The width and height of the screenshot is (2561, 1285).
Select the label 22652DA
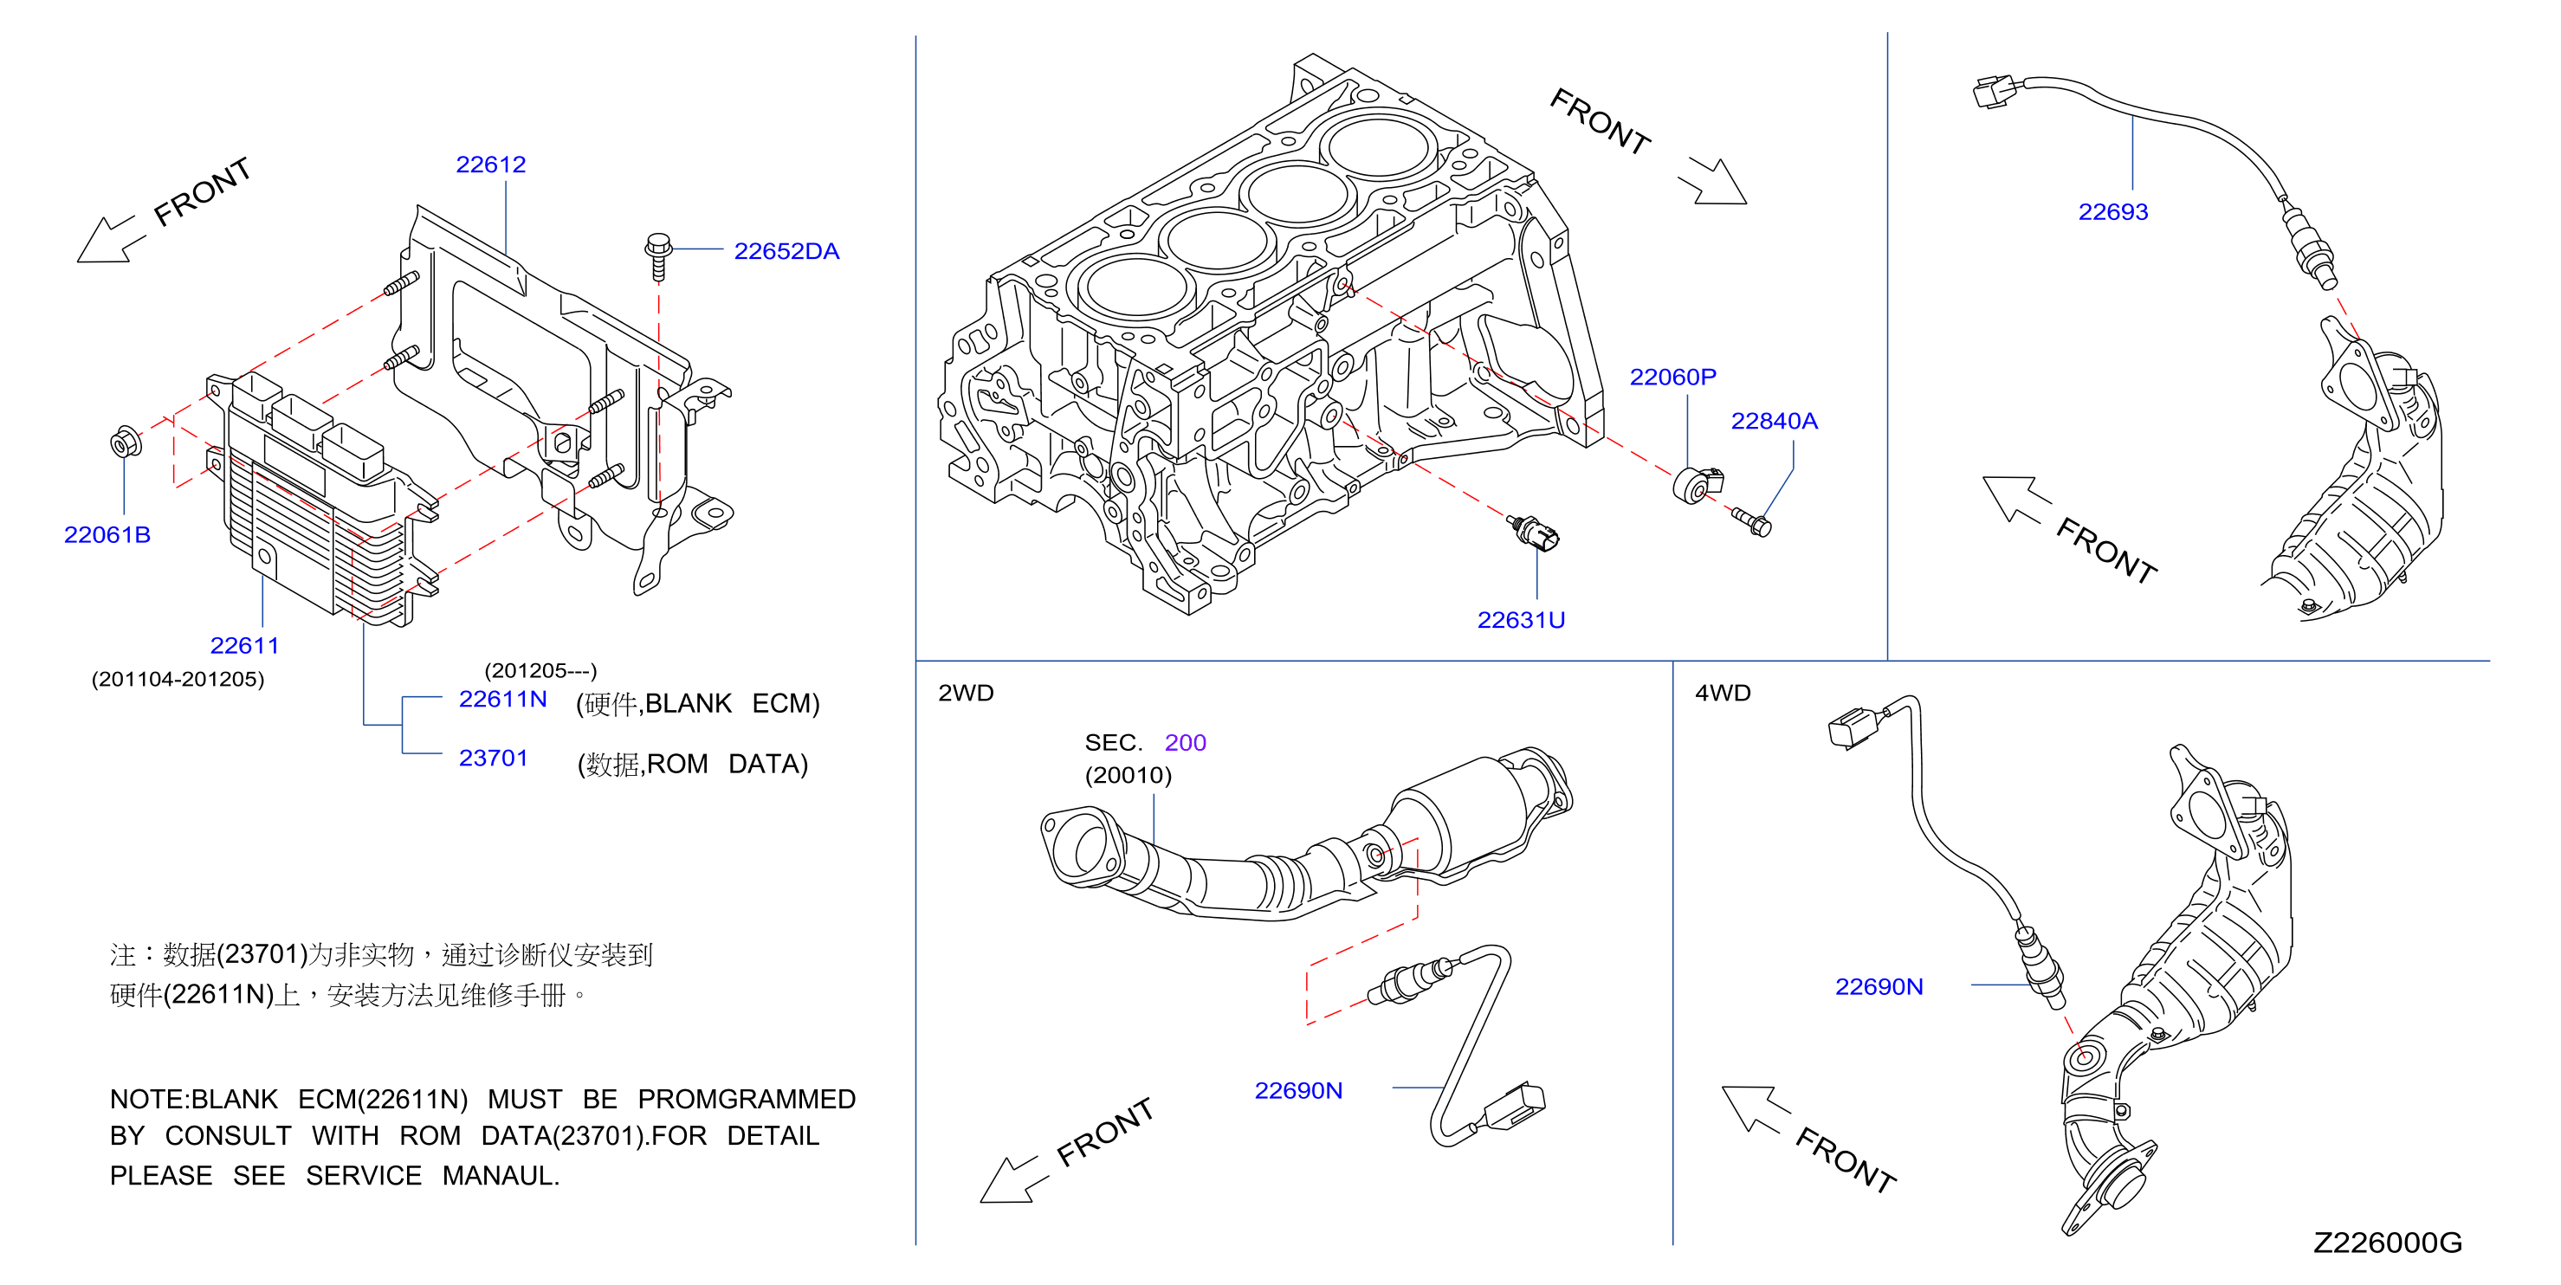click(x=786, y=251)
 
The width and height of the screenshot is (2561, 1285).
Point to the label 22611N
click(x=503, y=699)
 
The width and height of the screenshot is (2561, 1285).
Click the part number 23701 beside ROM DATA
click(x=493, y=759)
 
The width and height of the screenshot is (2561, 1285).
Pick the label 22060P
click(x=1672, y=377)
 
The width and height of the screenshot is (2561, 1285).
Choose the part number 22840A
click(x=1774, y=422)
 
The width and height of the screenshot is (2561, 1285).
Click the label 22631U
click(x=1521, y=620)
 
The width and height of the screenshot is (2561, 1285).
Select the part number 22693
click(x=2112, y=211)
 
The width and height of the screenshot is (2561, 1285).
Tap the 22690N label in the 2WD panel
click(x=1298, y=1090)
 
